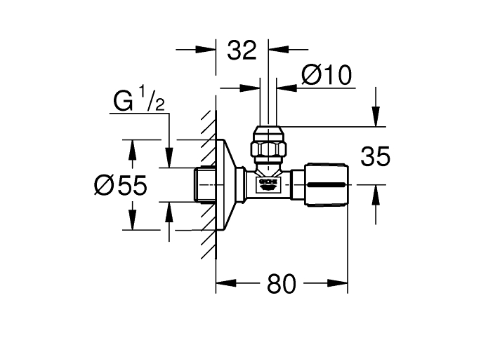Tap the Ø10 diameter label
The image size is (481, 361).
point(325,76)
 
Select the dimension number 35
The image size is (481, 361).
point(374,156)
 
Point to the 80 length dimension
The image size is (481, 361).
point(281,284)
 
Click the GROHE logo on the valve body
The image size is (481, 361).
point(269,184)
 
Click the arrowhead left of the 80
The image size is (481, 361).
point(223,284)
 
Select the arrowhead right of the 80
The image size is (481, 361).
point(341,284)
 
